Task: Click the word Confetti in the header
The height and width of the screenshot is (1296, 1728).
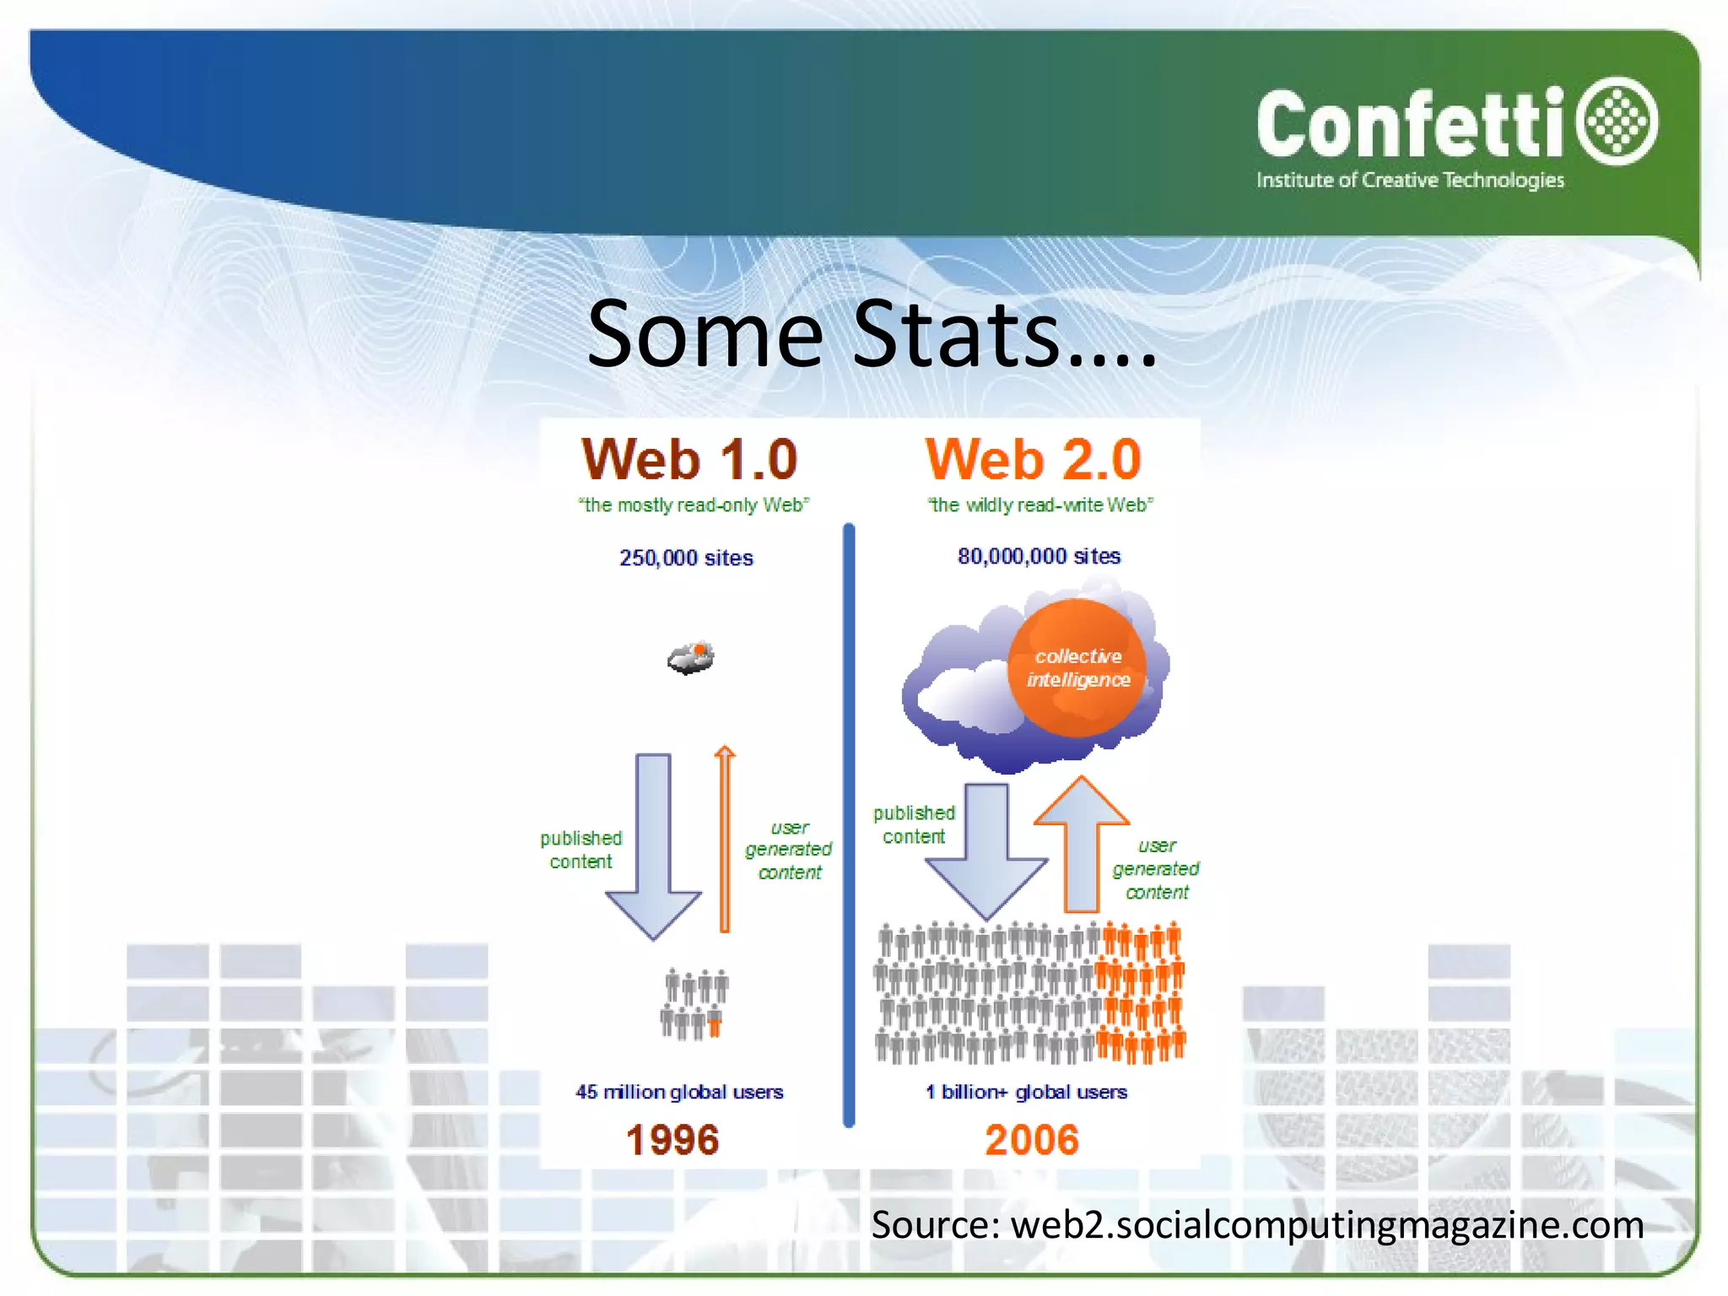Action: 1411,125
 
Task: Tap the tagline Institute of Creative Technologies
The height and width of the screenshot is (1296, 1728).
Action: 1410,181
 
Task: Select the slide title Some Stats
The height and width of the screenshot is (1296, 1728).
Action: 872,334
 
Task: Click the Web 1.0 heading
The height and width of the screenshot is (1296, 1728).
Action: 689,460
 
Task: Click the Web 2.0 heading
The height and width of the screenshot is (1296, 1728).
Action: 1033,460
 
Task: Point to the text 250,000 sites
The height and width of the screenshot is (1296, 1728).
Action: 686,558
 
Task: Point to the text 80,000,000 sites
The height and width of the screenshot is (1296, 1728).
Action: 1039,556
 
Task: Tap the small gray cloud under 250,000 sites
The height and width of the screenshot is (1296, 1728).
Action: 690,658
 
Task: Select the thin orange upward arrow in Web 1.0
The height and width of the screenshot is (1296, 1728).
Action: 724,840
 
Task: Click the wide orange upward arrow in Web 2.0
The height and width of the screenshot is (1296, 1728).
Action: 1081,844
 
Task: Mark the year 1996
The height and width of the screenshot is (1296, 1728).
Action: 672,1140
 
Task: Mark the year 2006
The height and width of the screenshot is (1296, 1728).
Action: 1032,1140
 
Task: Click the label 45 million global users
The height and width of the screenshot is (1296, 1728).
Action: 679,1092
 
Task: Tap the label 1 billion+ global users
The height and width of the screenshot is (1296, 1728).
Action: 1026,1092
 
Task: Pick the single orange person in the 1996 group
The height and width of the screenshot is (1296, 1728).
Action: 715,1025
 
